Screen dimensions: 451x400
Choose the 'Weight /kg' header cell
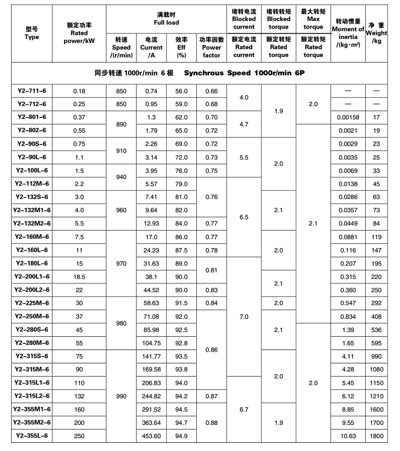(x=377, y=33)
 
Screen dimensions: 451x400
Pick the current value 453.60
(x=151, y=436)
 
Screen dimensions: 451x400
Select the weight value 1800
(x=377, y=436)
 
